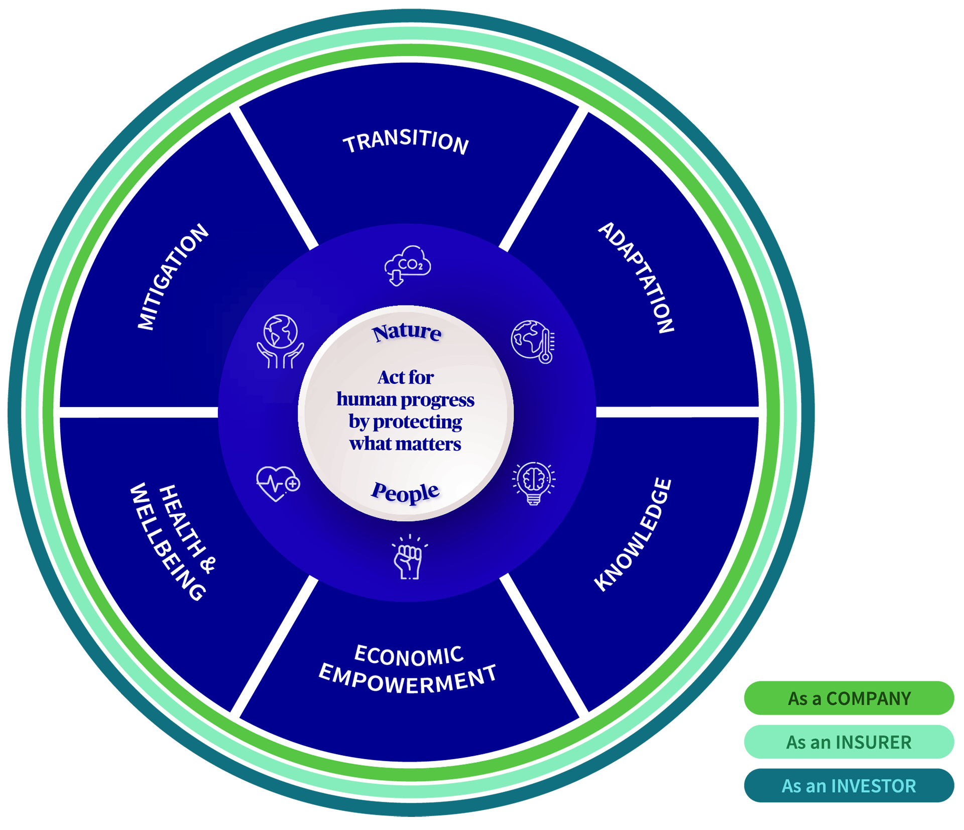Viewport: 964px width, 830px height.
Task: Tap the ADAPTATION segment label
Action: point(637,277)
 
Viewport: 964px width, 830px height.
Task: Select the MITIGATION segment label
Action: point(173,277)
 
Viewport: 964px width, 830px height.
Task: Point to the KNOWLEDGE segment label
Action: point(633,535)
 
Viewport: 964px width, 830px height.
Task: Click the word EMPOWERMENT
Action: point(408,679)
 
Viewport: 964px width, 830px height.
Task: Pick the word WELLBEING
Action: point(167,543)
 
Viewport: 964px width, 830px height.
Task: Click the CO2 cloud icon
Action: point(407,265)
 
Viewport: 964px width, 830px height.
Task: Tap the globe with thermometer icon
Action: point(533,341)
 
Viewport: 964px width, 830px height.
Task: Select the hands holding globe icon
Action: point(281,341)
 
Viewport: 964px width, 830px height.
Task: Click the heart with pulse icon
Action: point(278,483)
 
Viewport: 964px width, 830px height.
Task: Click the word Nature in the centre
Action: point(407,333)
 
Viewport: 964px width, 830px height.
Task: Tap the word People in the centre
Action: point(405,492)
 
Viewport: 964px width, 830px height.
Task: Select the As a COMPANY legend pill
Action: point(849,698)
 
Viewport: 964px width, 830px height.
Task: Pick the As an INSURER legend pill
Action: point(849,742)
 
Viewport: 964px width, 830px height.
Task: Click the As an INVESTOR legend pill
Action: point(849,785)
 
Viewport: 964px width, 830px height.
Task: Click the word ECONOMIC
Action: point(409,655)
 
